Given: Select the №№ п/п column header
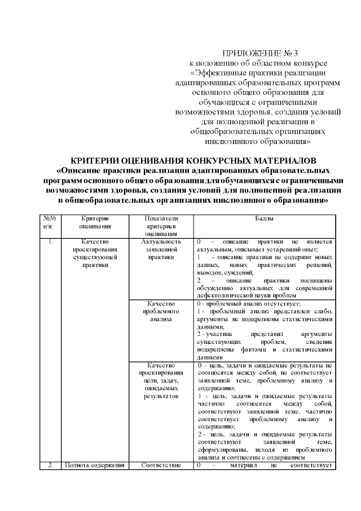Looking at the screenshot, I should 49,222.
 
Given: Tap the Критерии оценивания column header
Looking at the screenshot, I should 94,222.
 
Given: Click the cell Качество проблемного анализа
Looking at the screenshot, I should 161,311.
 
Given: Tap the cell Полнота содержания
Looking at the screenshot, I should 94,465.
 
